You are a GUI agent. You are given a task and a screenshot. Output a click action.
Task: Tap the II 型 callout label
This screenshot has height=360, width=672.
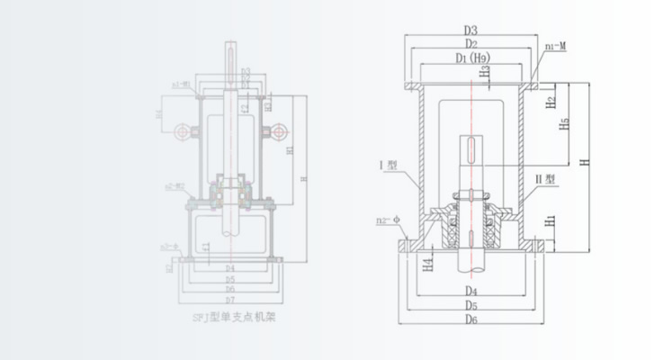[x=547, y=179]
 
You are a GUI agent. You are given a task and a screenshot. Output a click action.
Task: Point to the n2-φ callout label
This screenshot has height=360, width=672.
[x=389, y=220]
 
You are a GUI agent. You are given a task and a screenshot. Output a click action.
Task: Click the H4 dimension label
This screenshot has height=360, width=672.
[x=428, y=262]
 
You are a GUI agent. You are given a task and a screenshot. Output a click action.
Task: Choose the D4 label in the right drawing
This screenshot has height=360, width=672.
[x=471, y=291]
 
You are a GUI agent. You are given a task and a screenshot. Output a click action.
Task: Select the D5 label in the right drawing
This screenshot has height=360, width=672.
[x=471, y=305]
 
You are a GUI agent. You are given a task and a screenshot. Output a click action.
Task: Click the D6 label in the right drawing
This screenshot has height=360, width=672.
[x=471, y=319]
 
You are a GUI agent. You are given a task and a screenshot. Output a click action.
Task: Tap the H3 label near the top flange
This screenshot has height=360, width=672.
[x=484, y=71]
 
